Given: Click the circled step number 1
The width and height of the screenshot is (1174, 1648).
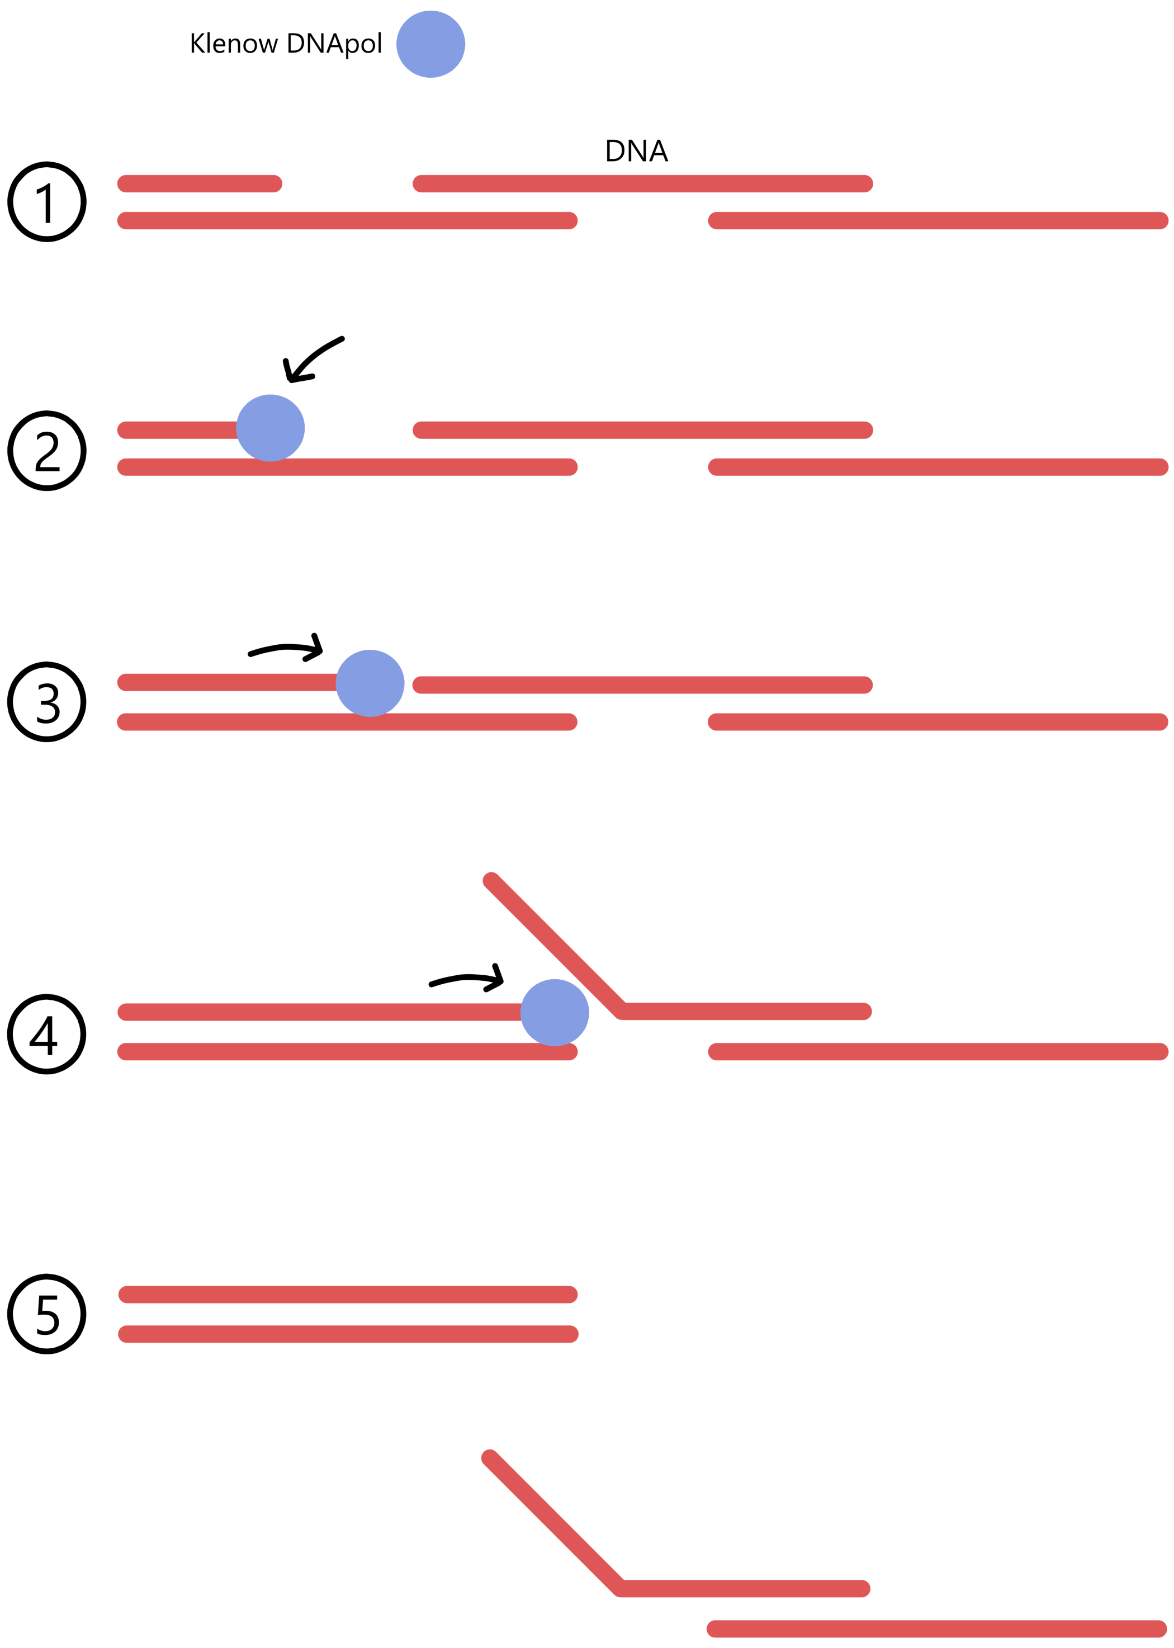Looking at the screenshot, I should [x=47, y=202].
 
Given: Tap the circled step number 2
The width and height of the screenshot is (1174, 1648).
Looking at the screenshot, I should [x=47, y=451].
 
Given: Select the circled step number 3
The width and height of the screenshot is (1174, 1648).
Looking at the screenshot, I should [x=47, y=701].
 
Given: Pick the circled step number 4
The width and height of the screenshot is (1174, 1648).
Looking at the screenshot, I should [x=47, y=1034].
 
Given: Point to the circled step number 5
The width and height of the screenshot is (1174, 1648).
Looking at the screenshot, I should [x=47, y=1313].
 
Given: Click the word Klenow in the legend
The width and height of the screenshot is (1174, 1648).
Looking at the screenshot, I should [x=233, y=44].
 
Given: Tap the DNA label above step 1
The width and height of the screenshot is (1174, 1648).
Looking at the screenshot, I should [x=636, y=150].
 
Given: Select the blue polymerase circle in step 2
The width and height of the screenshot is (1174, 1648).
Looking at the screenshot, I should [x=271, y=428].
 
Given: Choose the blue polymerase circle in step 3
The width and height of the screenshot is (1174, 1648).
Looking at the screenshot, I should [x=370, y=683].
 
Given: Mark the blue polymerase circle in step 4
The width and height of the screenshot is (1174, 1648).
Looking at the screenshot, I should [x=555, y=1012].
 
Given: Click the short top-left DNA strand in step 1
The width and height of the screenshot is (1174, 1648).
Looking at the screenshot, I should [x=200, y=183].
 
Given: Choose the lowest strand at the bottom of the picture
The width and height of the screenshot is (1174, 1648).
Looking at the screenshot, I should [x=936, y=1628].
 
